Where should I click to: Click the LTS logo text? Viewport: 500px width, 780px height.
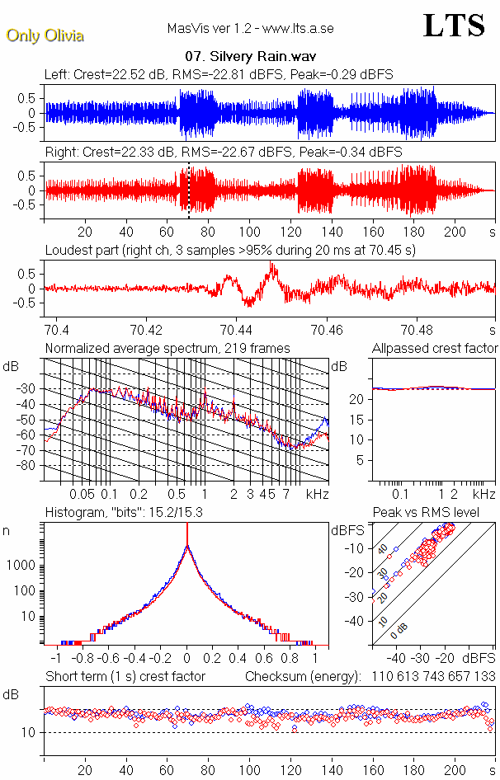coord(454,26)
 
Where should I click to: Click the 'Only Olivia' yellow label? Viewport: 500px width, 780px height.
coord(45,35)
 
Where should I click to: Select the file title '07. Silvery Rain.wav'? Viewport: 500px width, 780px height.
coord(250,58)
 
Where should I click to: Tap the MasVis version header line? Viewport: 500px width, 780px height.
coord(250,29)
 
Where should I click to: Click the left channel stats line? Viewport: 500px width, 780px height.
coord(219,74)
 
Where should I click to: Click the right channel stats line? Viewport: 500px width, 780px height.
coord(223,153)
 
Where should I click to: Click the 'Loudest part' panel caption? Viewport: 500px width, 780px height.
coord(230,250)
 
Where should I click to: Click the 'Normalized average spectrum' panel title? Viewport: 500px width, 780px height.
coord(167,348)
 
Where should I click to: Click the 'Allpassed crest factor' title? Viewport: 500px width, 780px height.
coord(435,348)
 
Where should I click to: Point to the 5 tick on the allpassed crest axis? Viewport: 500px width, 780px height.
coord(360,460)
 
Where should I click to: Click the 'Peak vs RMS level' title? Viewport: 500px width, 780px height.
coord(426,513)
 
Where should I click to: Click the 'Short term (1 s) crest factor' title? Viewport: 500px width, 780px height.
coord(125,677)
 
